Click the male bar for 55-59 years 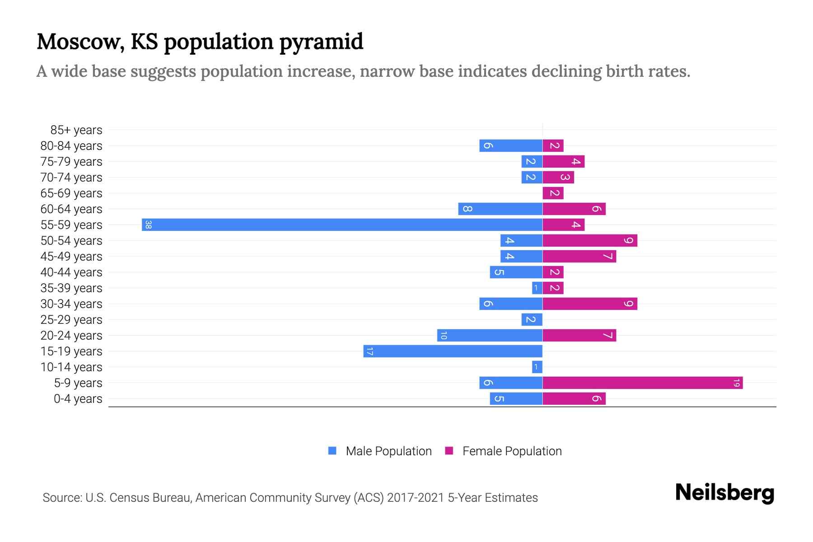tap(342, 224)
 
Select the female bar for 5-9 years tap(642, 383)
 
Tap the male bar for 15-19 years tap(453, 351)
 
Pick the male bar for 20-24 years tap(490, 336)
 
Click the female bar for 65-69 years tap(553, 193)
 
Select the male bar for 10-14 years tap(537, 367)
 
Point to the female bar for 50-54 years tap(589, 241)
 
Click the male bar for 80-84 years tap(510, 146)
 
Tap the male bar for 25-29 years tap(532, 320)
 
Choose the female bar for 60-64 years tap(574, 209)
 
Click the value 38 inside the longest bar tap(148, 224)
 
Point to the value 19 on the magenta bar tap(736, 383)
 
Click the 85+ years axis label tap(76, 130)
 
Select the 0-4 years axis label tap(78, 399)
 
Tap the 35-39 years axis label tap(71, 288)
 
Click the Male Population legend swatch tap(332, 451)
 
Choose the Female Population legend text tap(512, 451)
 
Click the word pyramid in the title tap(321, 42)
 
